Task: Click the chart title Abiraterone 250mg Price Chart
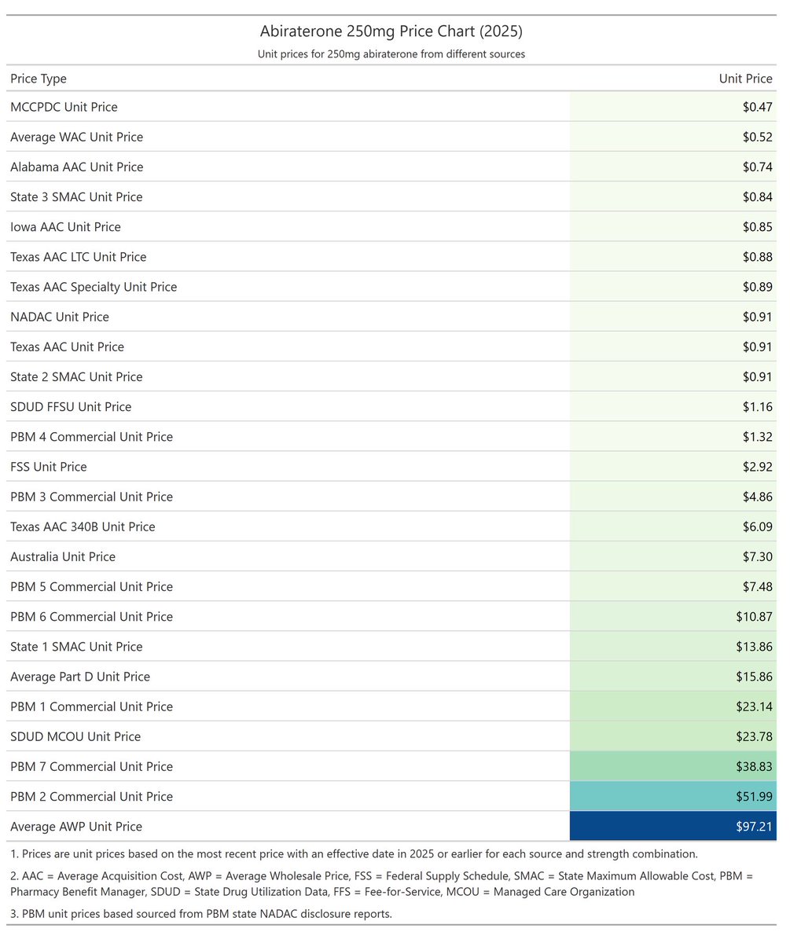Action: [391, 31]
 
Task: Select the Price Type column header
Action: [39, 79]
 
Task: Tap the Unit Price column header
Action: [745, 79]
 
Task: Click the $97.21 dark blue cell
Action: [673, 826]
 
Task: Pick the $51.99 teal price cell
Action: [673, 796]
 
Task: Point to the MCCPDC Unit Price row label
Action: [64, 107]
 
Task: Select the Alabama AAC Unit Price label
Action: [77, 167]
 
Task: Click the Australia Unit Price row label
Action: [63, 557]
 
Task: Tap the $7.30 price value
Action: [758, 557]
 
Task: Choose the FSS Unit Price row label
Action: [48, 467]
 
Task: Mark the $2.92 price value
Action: [758, 467]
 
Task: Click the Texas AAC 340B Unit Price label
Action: [83, 527]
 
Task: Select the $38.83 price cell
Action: [673, 766]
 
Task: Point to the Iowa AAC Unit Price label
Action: [65, 227]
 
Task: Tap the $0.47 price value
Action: [758, 107]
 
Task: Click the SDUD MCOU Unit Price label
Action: [75, 736]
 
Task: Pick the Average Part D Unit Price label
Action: [80, 677]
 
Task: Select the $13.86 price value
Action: [754, 647]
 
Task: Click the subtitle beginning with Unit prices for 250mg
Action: [391, 54]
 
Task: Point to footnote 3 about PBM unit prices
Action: [201, 914]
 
